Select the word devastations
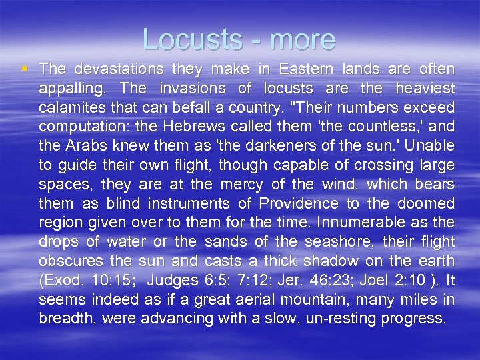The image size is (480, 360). tap(118, 69)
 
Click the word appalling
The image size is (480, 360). tap(75, 89)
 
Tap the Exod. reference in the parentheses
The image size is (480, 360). tap(60, 280)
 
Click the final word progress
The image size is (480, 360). tap(413, 318)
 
